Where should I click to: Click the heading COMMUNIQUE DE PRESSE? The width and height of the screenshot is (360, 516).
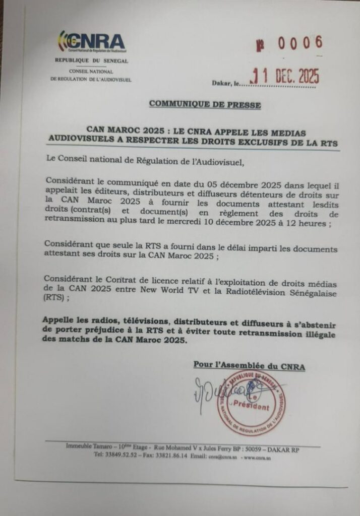205,105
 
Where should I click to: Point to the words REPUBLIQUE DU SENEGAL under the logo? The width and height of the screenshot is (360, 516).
92,61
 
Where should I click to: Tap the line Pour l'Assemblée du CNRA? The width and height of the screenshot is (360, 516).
249,366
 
